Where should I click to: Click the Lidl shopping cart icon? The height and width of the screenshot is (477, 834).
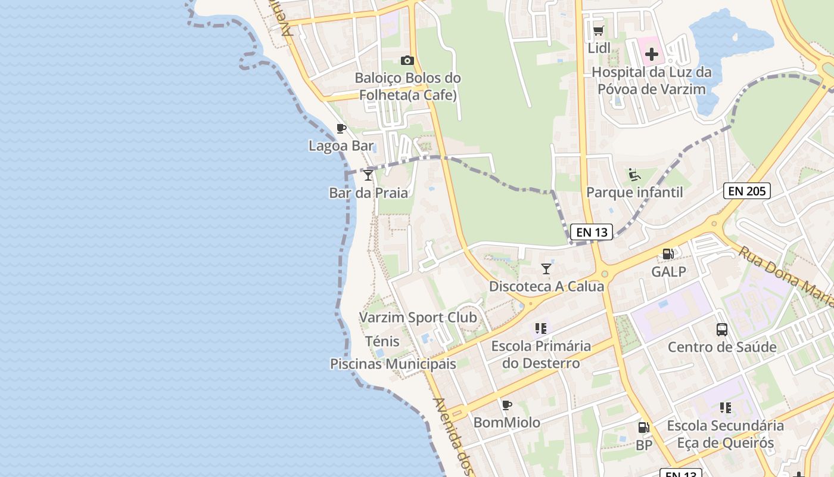pyautogui.click(x=598, y=30)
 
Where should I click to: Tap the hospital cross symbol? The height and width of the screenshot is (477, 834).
pyautogui.click(x=652, y=54)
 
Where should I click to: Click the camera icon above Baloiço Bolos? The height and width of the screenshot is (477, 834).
pyautogui.click(x=407, y=60)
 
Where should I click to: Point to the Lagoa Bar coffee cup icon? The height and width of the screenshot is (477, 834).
pyautogui.click(x=341, y=128)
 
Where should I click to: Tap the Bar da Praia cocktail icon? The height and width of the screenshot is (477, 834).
pyautogui.click(x=368, y=175)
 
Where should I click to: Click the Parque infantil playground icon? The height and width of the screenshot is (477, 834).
pyautogui.click(x=634, y=175)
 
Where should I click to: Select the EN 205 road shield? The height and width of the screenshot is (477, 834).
pyautogui.click(x=747, y=191)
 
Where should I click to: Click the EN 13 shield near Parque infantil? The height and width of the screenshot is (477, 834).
pyautogui.click(x=591, y=232)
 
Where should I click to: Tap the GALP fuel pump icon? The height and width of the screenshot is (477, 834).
pyautogui.click(x=668, y=254)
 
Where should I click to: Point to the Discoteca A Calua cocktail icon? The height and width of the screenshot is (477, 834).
pyautogui.click(x=546, y=269)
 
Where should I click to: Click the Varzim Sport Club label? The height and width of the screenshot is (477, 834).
pyautogui.click(x=418, y=317)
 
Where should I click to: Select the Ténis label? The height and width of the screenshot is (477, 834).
pyautogui.click(x=382, y=342)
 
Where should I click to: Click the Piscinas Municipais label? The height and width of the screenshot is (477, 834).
pyautogui.click(x=393, y=364)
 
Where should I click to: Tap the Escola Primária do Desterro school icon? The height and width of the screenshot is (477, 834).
pyautogui.click(x=541, y=329)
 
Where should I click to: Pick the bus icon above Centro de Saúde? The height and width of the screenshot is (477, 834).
pyautogui.click(x=722, y=329)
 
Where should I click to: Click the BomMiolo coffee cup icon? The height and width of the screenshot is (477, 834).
pyautogui.click(x=507, y=405)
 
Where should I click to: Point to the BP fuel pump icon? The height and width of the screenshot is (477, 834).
pyautogui.click(x=643, y=428)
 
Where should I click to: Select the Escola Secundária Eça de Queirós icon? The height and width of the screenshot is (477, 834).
pyautogui.click(x=725, y=408)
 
